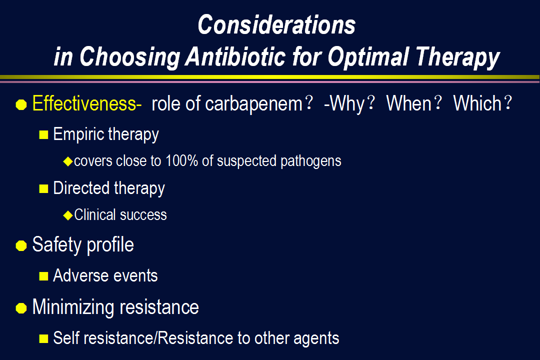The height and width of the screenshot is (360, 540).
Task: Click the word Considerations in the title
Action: pos(276,25)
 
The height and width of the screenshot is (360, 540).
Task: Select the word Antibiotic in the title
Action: pos(235,56)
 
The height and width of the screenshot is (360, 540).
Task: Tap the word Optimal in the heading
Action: pos(368,57)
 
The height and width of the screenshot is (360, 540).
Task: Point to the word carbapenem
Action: pos(254,104)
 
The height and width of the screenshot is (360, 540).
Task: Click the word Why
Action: pos(347,104)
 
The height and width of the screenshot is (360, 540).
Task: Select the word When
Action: pos(409,103)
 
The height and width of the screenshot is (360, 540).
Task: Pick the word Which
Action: pos(477,103)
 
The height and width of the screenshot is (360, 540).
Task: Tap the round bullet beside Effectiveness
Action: pos(21,104)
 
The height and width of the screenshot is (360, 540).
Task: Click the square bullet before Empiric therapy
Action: pos(43,134)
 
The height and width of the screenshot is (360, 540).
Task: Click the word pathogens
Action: pos(310,161)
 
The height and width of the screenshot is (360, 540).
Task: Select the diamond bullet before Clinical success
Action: pos(68,215)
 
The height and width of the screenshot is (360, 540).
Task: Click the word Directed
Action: pos(81,188)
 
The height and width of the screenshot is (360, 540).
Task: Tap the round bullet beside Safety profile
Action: pos(21,245)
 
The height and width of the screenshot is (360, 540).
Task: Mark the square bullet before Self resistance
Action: pos(43,338)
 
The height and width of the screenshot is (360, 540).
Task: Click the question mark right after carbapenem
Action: pos(309,103)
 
